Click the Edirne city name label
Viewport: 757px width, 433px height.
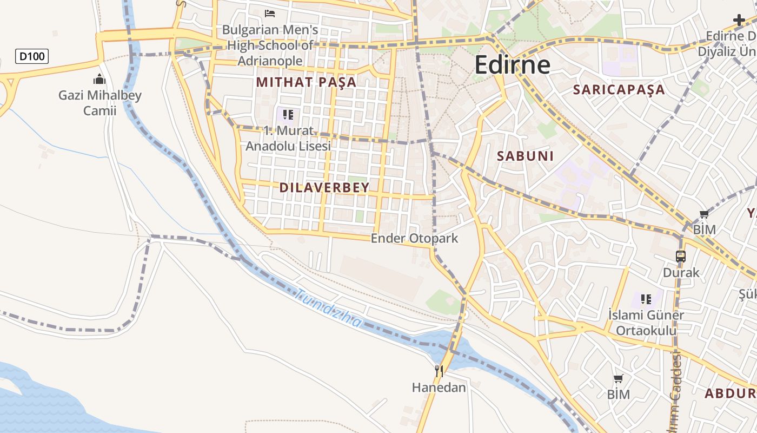(512, 65)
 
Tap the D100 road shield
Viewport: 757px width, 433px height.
(32, 56)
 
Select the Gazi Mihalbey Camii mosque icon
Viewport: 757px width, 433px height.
(99, 80)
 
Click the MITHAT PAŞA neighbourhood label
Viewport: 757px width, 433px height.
(306, 82)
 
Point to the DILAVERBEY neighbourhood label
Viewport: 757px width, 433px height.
(324, 188)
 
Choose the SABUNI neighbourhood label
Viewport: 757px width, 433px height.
(525, 156)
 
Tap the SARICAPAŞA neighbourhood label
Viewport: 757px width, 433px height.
(619, 90)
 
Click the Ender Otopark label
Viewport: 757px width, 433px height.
(414, 238)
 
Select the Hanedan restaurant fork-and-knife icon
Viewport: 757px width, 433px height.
(439, 371)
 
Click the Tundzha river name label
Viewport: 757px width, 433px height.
(328, 309)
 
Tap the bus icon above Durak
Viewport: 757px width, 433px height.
(681, 257)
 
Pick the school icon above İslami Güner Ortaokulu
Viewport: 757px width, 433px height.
(646, 299)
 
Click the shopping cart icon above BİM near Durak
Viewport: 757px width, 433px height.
(704, 214)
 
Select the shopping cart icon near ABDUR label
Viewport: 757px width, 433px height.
(618, 378)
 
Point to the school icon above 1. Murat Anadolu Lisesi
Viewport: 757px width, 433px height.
(288, 114)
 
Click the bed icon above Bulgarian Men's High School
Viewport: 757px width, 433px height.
(269, 13)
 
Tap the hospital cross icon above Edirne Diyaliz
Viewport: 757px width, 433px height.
(739, 21)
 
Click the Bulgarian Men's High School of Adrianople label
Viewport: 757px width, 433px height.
(270, 45)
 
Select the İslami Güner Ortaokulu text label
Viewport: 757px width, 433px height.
(646, 323)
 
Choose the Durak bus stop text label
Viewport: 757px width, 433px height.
(681, 272)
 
